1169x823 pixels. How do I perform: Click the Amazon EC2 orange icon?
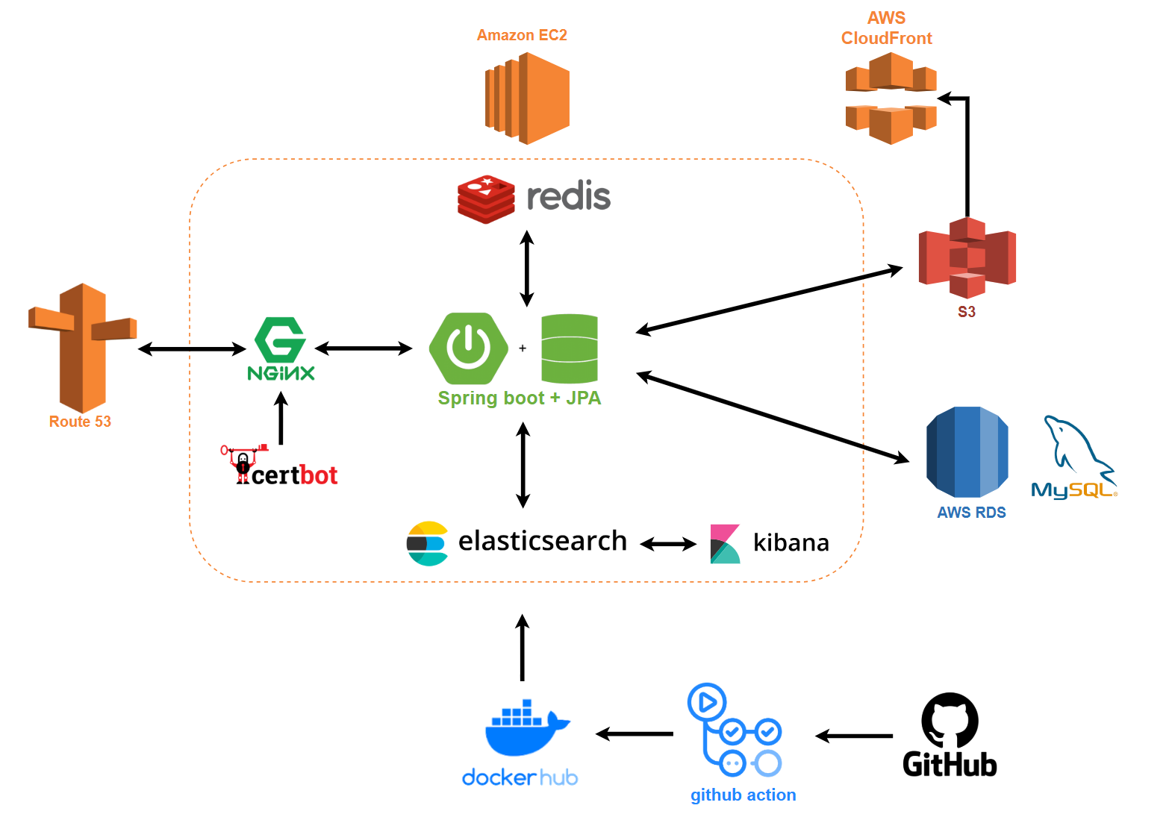527,98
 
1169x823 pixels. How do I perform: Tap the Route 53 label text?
80,422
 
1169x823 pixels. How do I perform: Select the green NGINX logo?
281,348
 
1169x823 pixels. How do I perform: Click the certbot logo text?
294,475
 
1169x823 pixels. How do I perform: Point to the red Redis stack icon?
486,199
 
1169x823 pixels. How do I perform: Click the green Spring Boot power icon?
468,348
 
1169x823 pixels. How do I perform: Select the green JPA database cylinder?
570,348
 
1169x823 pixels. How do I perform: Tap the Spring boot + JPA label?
519,398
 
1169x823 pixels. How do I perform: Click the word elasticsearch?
542,541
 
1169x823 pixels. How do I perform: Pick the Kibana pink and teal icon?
725,544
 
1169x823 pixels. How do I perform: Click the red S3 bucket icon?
967,257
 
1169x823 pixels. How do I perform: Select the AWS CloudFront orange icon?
891,98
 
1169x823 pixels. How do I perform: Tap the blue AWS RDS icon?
967,452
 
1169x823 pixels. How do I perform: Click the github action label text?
743,795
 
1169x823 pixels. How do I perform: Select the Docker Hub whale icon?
527,728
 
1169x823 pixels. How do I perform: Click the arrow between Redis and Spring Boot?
527,269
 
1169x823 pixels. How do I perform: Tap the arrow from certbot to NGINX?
281,419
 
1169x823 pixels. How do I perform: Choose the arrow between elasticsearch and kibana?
668,545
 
